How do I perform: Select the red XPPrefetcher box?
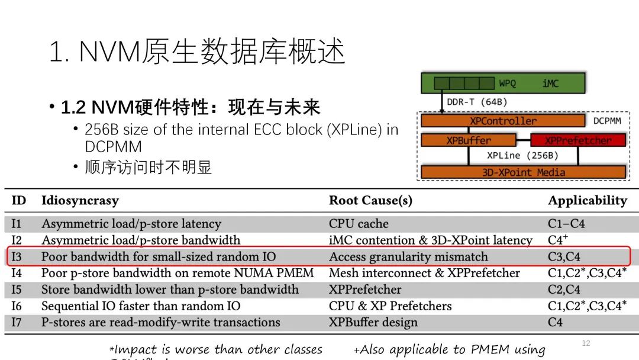(577, 140)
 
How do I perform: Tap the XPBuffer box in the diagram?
(469, 140)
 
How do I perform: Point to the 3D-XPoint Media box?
(523, 172)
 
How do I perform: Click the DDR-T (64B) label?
(476, 102)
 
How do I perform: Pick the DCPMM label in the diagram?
(606, 121)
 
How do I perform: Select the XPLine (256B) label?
(522, 156)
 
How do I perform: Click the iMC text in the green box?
(550, 83)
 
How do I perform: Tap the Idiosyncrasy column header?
(80, 200)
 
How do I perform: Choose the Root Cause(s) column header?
(370, 200)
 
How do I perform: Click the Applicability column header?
(587, 200)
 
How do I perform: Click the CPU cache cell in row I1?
(359, 224)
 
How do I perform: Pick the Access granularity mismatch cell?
(408, 257)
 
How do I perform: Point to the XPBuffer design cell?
(373, 322)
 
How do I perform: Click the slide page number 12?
(586, 343)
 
